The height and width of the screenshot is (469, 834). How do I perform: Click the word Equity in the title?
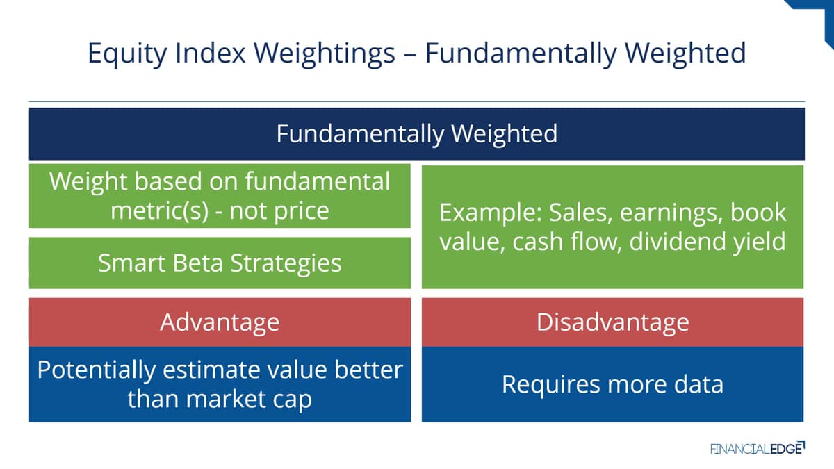pyautogui.click(x=127, y=54)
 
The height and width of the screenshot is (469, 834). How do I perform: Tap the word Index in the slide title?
pyautogui.click(x=211, y=53)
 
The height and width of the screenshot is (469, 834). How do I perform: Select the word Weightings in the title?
pyautogui.click(x=325, y=54)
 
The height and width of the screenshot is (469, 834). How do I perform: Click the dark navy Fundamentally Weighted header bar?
pyautogui.click(x=416, y=133)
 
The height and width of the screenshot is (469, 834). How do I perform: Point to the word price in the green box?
pyautogui.click(x=297, y=212)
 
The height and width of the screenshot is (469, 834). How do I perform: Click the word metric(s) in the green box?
pyautogui.click(x=159, y=211)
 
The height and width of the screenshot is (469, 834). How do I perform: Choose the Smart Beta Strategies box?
pyautogui.click(x=220, y=263)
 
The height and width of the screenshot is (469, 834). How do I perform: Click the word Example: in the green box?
pyautogui.click(x=491, y=213)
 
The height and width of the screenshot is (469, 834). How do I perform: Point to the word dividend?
pyautogui.click(x=677, y=241)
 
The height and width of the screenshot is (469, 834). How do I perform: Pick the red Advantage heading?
pyautogui.click(x=220, y=322)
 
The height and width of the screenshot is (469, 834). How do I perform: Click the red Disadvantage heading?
pyautogui.click(x=612, y=322)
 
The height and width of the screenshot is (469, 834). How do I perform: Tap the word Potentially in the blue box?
pyautogui.click(x=97, y=371)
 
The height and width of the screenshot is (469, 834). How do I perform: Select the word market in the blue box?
pyautogui.click(x=225, y=399)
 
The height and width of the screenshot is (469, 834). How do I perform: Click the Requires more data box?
pyautogui.click(x=612, y=384)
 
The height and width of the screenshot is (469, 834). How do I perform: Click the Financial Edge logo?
pyautogui.click(x=758, y=448)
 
